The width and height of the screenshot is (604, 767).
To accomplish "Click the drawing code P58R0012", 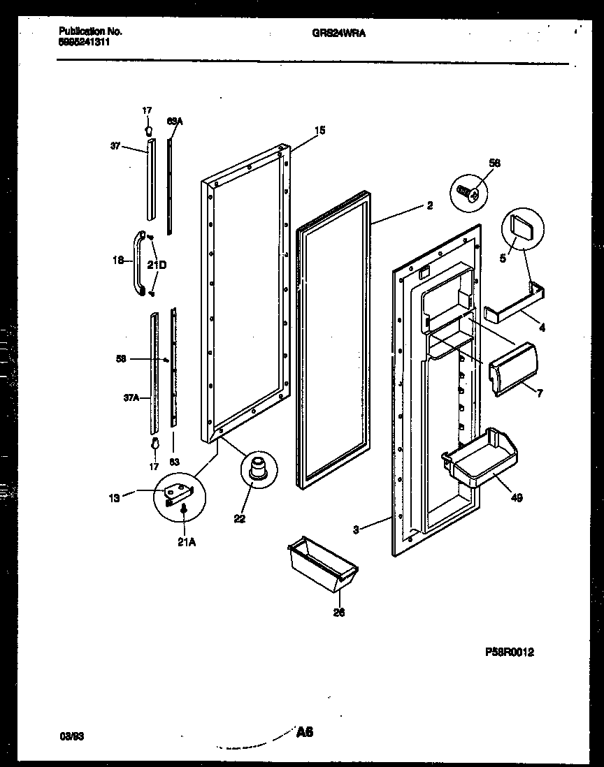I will (510, 652).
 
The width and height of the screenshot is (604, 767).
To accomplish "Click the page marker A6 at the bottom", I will (304, 733).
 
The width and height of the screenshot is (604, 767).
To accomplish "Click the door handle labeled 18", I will (139, 264).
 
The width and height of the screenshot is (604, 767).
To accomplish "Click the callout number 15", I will (320, 130).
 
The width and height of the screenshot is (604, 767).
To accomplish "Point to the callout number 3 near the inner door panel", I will (357, 529).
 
